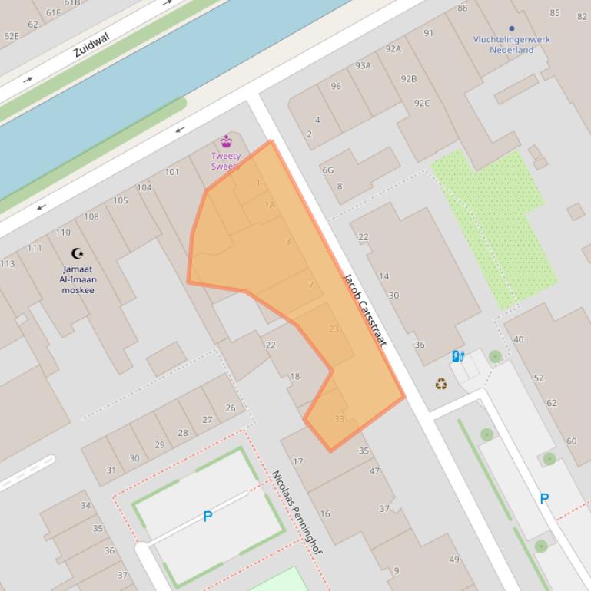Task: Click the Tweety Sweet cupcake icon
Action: pos(226,141)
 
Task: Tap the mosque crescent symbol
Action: pos(77,253)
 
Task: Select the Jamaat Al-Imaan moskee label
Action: pos(78,280)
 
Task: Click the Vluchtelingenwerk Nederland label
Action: pos(512,45)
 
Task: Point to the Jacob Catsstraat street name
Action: pos(364,309)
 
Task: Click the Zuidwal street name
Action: pos(91,46)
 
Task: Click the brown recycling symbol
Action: pos(441,383)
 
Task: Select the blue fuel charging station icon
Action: pos(458,356)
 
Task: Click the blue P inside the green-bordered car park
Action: pos(208,517)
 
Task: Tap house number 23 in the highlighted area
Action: pos(334,329)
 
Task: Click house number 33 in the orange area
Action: pos(340,418)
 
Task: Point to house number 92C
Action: pos(422,103)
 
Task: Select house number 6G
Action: pos(328,170)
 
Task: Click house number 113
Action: pos(7,264)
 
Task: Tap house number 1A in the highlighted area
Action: pos(270,204)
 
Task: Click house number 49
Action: pos(454,560)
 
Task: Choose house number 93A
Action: pos(363,65)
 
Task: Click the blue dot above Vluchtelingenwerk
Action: pos(512,28)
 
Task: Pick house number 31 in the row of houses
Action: pos(111,470)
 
